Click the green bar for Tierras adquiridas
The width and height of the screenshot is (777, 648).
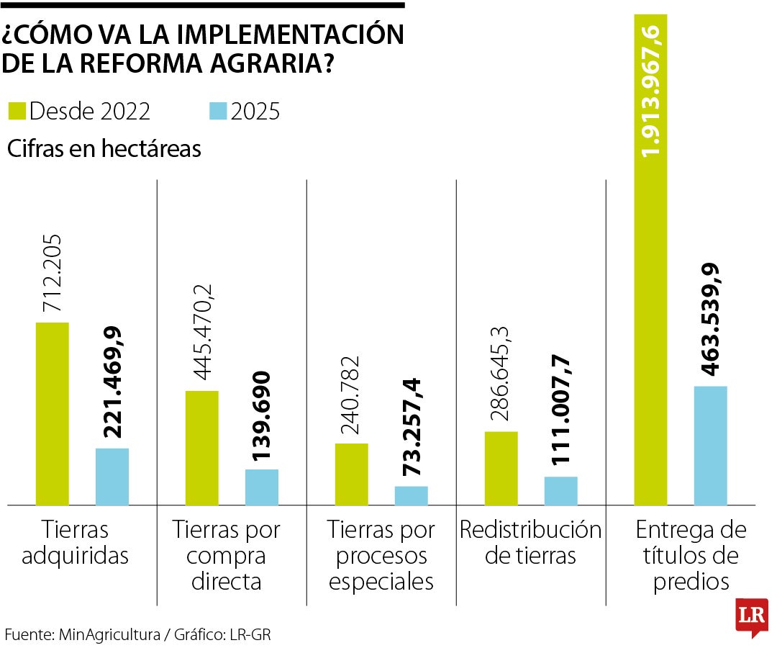click(x=52, y=414)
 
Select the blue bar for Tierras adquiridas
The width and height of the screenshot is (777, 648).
click(x=112, y=477)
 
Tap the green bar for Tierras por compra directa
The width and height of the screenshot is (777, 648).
click(x=202, y=448)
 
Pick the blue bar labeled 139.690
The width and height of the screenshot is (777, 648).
click(x=262, y=487)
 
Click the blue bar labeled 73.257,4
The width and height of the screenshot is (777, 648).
click(x=412, y=495)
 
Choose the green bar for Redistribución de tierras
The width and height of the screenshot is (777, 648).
click(x=501, y=468)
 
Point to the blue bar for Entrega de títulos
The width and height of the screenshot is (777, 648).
click(x=711, y=446)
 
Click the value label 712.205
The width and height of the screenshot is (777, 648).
click(x=53, y=273)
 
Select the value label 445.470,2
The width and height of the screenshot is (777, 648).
click(x=202, y=333)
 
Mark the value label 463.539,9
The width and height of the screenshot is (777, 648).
click(x=711, y=320)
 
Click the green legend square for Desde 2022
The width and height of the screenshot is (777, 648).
click(x=17, y=112)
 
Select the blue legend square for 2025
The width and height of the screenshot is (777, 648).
click(x=218, y=112)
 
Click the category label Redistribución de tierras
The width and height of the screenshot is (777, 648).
click(x=530, y=543)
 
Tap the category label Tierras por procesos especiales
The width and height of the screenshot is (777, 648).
click(x=381, y=556)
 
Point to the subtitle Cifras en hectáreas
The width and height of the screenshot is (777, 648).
click(x=104, y=149)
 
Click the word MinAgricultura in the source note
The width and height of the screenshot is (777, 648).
click(x=110, y=634)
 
